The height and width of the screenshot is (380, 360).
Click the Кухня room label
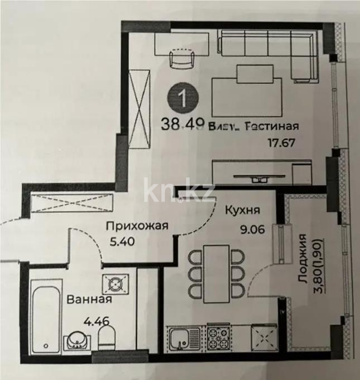[242, 211]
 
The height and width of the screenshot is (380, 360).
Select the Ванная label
[89, 299]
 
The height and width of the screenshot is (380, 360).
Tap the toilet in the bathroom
[107, 338]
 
